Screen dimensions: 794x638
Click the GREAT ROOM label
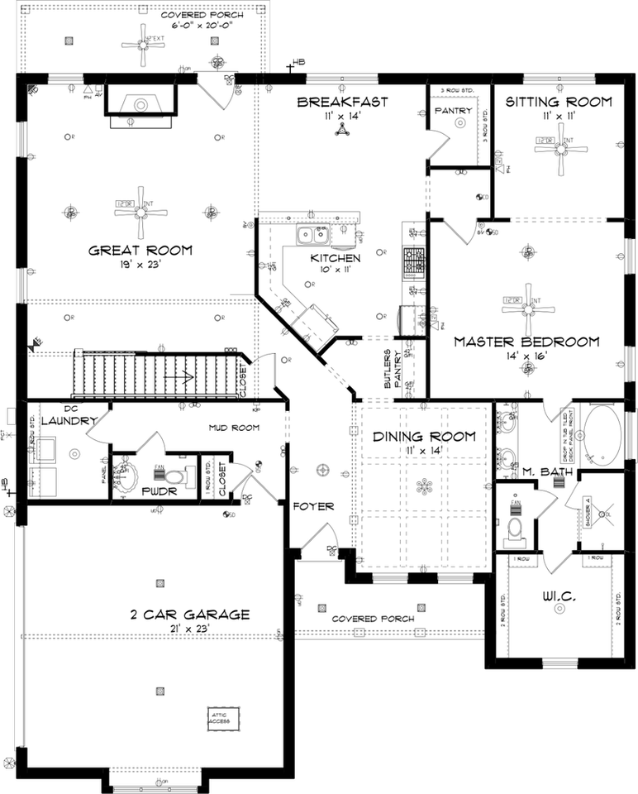pos(140,251)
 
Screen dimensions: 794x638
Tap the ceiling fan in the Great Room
pos(138,212)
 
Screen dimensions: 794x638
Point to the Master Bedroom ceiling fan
pos(526,307)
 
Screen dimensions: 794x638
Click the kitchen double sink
pos(314,235)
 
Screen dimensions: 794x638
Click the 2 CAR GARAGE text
pos(189,615)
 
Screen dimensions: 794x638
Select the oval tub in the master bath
pos(598,431)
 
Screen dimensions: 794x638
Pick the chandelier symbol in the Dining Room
pos(425,485)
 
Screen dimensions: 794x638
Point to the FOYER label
pos(313,506)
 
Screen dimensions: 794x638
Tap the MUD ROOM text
pos(233,428)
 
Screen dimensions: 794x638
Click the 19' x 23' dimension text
pos(140,265)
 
